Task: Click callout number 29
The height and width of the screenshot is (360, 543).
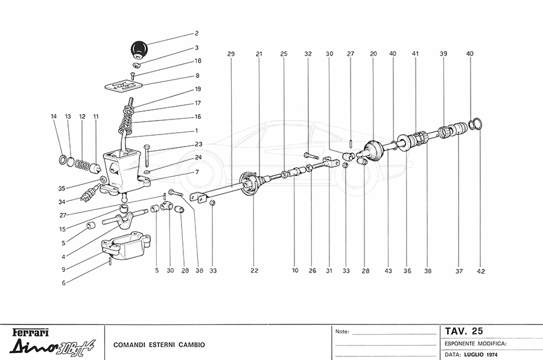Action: tap(230, 54)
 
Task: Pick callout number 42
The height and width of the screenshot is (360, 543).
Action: tap(480, 271)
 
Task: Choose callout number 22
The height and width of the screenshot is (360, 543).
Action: tap(255, 271)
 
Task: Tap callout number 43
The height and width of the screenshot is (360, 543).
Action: tap(387, 271)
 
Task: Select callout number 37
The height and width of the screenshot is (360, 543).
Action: tap(459, 271)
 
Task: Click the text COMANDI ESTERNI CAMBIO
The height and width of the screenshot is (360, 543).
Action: tap(159, 345)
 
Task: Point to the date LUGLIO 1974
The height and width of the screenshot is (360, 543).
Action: tap(482, 355)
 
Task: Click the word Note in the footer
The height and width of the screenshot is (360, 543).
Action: tap(342, 332)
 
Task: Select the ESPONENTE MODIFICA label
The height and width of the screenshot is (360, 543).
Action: tap(475, 343)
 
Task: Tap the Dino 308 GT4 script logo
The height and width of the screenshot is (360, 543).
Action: tap(48, 348)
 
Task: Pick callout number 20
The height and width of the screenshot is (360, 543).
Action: tap(373, 54)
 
